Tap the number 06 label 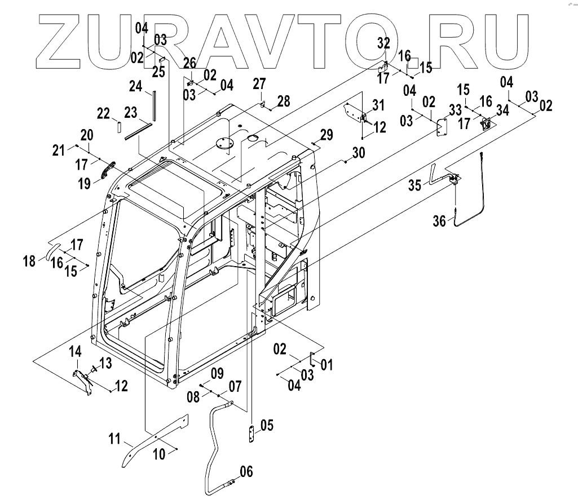245,471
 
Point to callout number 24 135,86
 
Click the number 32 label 383,43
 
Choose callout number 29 326,135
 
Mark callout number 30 359,153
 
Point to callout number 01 326,365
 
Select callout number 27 258,84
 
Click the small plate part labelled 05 251,435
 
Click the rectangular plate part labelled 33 442,126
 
